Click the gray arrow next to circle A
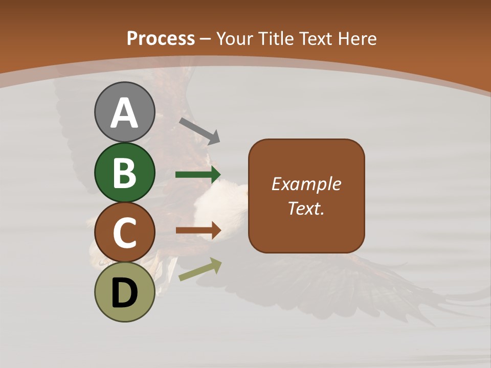click(x=199, y=130)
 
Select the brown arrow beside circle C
click(x=198, y=230)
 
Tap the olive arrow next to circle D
click(x=200, y=269)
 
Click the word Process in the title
click(x=161, y=39)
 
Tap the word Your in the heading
click(x=235, y=39)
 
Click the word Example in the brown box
click(x=306, y=184)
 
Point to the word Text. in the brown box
click(x=306, y=209)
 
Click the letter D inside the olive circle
click(x=124, y=293)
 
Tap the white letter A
click(x=124, y=113)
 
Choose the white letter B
click(x=124, y=173)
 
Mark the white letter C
click(x=124, y=233)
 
